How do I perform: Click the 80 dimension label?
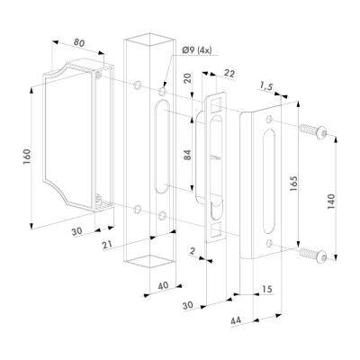(79, 42)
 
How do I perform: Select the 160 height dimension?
(27, 157)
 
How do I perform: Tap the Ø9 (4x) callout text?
(197, 50)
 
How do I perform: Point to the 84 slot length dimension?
(187, 155)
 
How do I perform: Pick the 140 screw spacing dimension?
(330, 202)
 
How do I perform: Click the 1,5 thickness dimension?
(265, 87)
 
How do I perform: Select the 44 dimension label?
(236, 320)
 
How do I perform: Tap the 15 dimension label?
(266, 289)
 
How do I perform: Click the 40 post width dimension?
(163, 285)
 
